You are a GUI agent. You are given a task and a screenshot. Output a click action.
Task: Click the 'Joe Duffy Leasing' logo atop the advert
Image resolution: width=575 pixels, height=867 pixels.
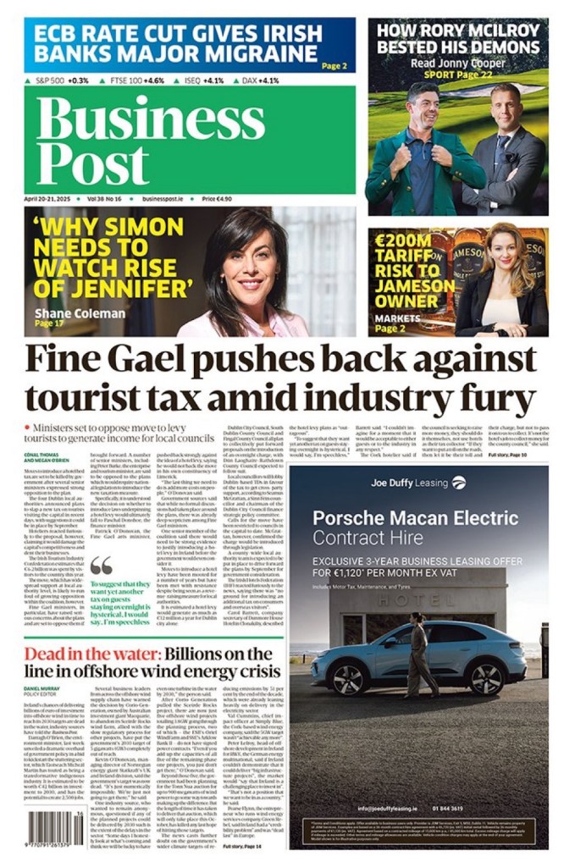[417, 483]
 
